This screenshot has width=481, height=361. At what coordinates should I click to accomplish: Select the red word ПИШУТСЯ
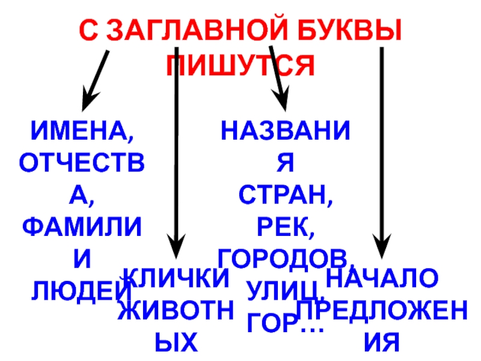coord(240,64)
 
